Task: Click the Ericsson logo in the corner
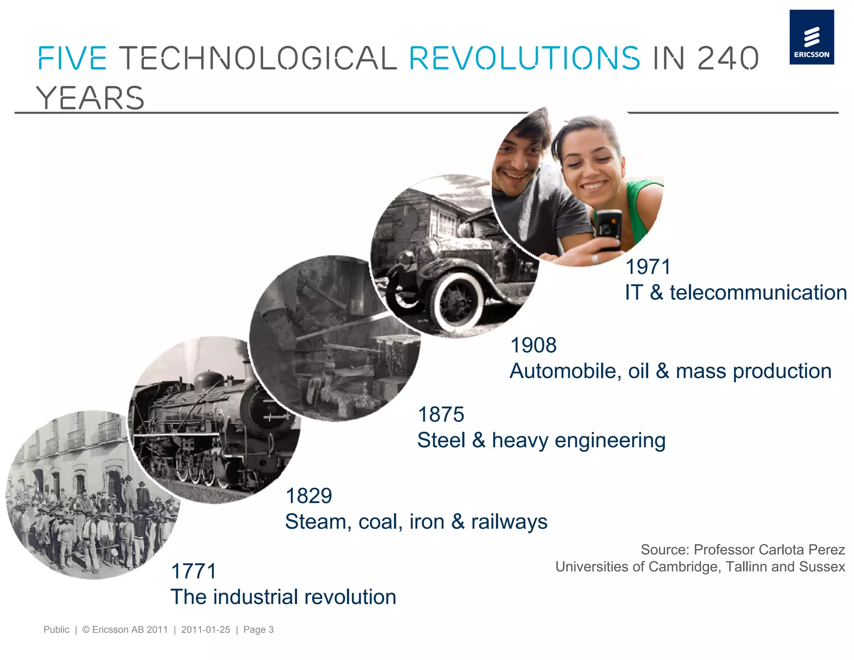pos(811,37)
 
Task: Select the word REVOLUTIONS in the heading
pos(524,58)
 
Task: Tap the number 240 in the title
pos(728,58)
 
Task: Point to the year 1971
pos(648,267)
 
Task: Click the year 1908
pos(533,345)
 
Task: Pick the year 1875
pos(441,415)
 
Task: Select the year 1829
pos(309,496)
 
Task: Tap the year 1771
pos(194,571)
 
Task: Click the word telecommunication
pos(758,292)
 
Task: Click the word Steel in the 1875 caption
pos(441,441)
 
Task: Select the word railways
pos(509,522)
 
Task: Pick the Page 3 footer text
pos(259,630)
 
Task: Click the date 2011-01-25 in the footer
pos(206,630)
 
